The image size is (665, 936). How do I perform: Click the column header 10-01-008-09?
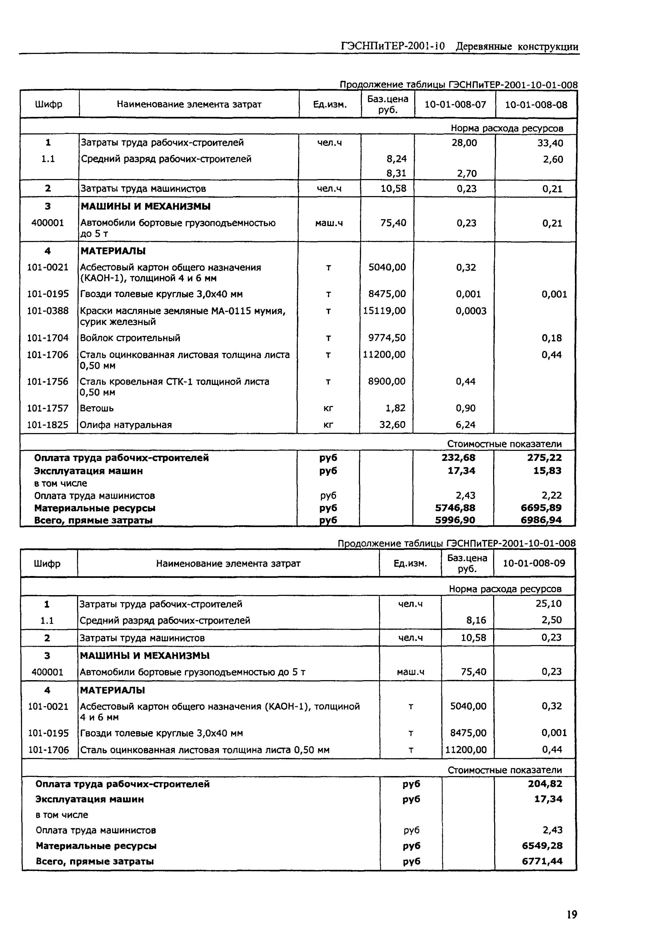tap(534, 564)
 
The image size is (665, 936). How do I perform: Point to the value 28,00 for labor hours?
tap(464, 143)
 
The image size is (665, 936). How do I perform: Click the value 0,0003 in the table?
tap(471, 311)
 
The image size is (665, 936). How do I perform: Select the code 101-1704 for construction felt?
tap(48, 338)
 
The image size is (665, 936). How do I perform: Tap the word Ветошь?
tap(97, 408)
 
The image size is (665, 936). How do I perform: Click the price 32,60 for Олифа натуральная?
tap(392, 425)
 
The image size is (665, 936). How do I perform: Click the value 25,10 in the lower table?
tap(549, 604)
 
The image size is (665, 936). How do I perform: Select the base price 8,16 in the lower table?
tap(476, 620)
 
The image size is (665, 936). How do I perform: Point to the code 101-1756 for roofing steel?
tap(48, 382)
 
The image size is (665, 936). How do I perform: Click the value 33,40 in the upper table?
tap(550, 143)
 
